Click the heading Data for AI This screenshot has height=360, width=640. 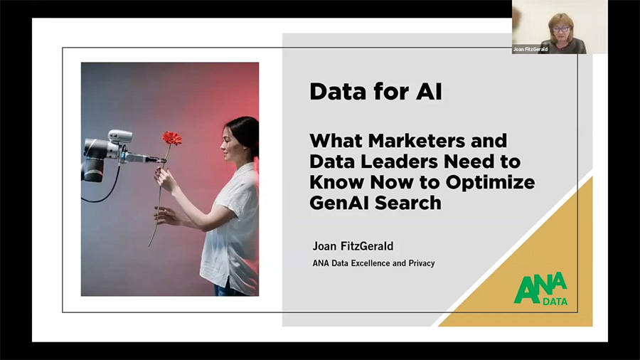375,91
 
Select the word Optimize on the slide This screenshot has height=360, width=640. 490,182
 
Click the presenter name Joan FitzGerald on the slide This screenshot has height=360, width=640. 353,246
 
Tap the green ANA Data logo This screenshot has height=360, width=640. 541,289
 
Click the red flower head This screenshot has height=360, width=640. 172,138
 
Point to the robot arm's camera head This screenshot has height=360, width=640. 120,136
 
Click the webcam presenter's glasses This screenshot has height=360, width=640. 561,29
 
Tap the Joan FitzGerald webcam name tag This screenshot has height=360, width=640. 530,49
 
